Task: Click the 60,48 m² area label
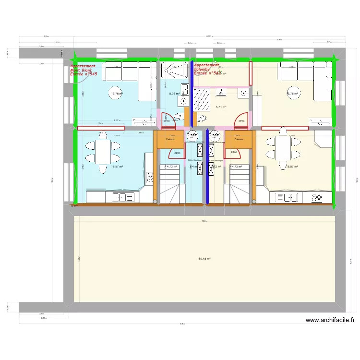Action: pos(204,259)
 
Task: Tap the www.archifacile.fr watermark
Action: pos(330,320)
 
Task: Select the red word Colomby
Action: pos(202,69)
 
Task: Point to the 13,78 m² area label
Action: pos(117,94)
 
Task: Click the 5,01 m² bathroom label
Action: pos(174,94)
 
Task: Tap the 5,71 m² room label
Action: pos(221,107)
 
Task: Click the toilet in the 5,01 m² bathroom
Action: pos(179,115)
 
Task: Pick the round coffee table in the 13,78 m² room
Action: pos(116,95)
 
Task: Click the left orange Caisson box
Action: pos(170,139)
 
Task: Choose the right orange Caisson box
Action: pos(239,139)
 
